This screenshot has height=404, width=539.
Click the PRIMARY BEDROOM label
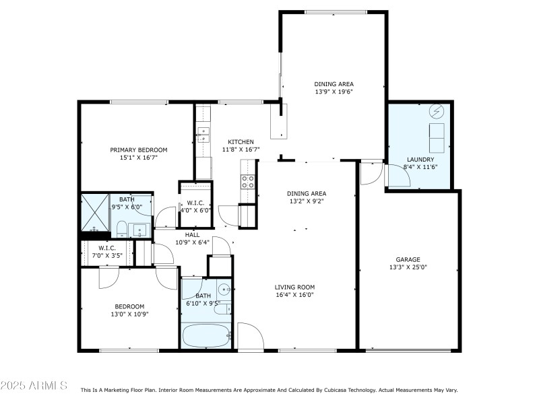click(x=139, y=149)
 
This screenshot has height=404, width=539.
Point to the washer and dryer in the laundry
click(x=437, y=137)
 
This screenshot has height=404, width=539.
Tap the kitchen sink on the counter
click(x=202, y=135)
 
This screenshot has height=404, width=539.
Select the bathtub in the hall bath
click(x=206, y=335)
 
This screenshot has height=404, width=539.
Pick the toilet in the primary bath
click(x=122, y=229)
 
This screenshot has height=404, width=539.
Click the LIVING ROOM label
click(x=294, y=286)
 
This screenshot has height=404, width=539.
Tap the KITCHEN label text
click(x=240, y=141)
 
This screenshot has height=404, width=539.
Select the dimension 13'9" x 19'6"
click(x=334, y=92)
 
